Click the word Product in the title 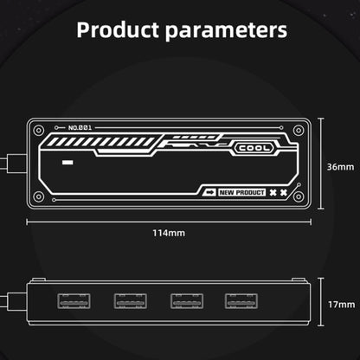118,30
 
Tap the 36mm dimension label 340,167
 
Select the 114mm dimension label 169,233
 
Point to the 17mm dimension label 342,305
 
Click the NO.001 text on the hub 80,127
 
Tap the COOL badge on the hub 254,148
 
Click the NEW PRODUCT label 241,192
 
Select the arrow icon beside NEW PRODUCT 209,192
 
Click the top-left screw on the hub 39,131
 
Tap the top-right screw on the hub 299,131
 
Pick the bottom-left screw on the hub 39,197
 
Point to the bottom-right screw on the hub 299,197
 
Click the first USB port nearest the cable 74,301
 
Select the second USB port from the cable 131,301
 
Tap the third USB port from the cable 187,301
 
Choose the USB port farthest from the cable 241,301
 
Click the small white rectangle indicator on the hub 67,163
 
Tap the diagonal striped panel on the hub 100,142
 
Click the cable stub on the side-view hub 14,301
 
